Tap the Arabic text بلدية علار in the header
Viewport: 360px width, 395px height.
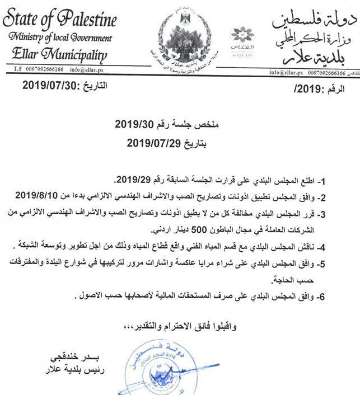click(x=317, y=57)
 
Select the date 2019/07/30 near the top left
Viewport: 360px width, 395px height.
click(x=44, y=86)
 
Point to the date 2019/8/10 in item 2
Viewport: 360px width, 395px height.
click(x=38, y=196)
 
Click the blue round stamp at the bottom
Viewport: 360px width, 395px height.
click(x=156, y=366)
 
